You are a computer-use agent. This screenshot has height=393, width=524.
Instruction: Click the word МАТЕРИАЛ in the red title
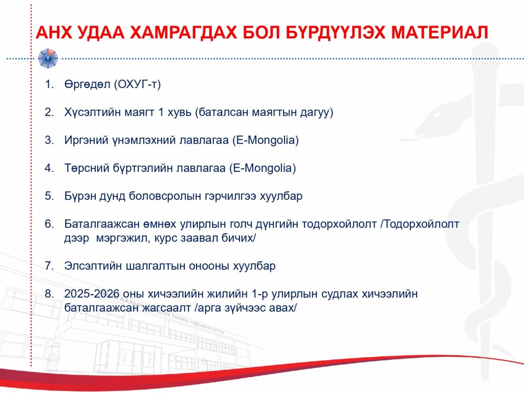(440, 32)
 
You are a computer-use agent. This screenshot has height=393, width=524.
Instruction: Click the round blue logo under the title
(48, 58)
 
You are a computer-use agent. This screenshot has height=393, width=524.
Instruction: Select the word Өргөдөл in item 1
(87, 84)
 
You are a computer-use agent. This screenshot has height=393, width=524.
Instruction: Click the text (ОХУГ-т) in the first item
(137, 84)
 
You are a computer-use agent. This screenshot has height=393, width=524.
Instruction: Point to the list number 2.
(49, 112)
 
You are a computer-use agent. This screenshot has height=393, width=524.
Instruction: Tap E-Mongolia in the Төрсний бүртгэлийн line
(263, 168)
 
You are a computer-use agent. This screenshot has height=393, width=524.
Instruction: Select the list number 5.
(49, 196)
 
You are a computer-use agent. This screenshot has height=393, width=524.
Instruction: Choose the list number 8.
(49, 294)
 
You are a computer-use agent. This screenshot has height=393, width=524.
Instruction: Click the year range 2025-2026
(92, 294)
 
